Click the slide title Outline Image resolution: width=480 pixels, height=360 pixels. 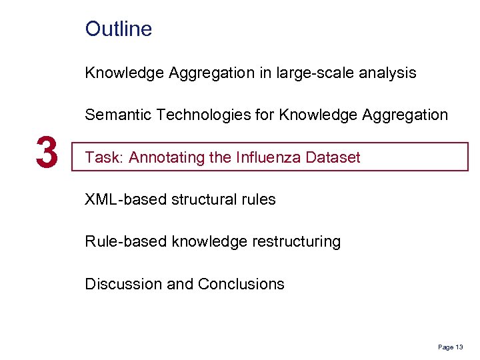[119, 29]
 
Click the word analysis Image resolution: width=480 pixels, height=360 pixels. [388, 73]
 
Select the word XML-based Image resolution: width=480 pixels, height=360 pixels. [119, 199]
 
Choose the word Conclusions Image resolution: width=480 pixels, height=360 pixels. [241, 283]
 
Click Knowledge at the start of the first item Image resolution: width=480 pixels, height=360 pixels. [124, 73]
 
